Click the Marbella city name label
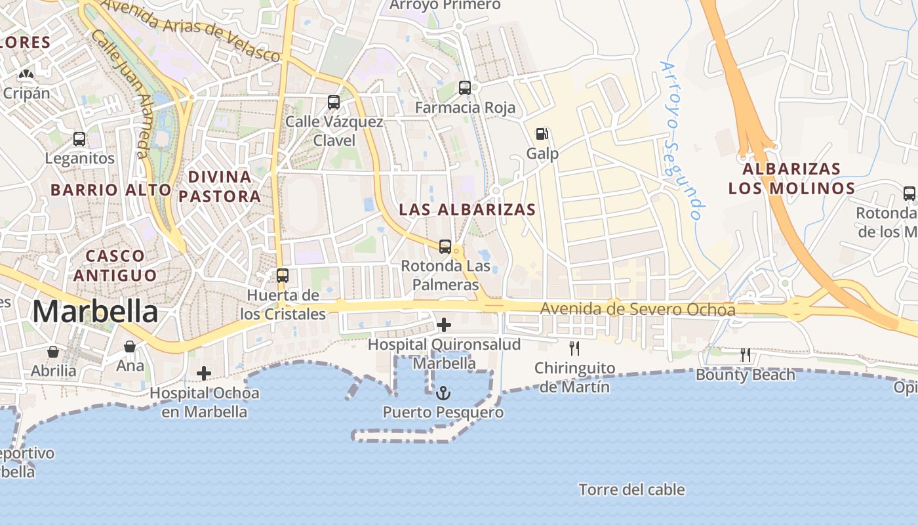(95, 312)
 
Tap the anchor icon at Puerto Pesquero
(444, 394)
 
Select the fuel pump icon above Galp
(542, 134)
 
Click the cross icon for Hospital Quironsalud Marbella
(444, 324)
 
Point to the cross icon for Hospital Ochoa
(204, 373)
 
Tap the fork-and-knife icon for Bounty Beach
(746, 355)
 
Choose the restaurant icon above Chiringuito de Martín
(574, 348)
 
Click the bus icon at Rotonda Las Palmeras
(445, 247)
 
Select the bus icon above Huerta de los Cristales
(283, 276)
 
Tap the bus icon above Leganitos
(79, 139)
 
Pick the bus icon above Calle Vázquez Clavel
(334, 102)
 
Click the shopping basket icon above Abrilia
(53, 352)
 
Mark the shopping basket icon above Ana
(130, 346)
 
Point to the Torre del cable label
(631, 490)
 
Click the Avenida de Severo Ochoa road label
(637, 309)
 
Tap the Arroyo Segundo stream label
(682, 140)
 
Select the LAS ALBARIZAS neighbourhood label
(468, 210)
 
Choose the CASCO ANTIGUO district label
(115, 265)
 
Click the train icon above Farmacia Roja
(465, 87)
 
